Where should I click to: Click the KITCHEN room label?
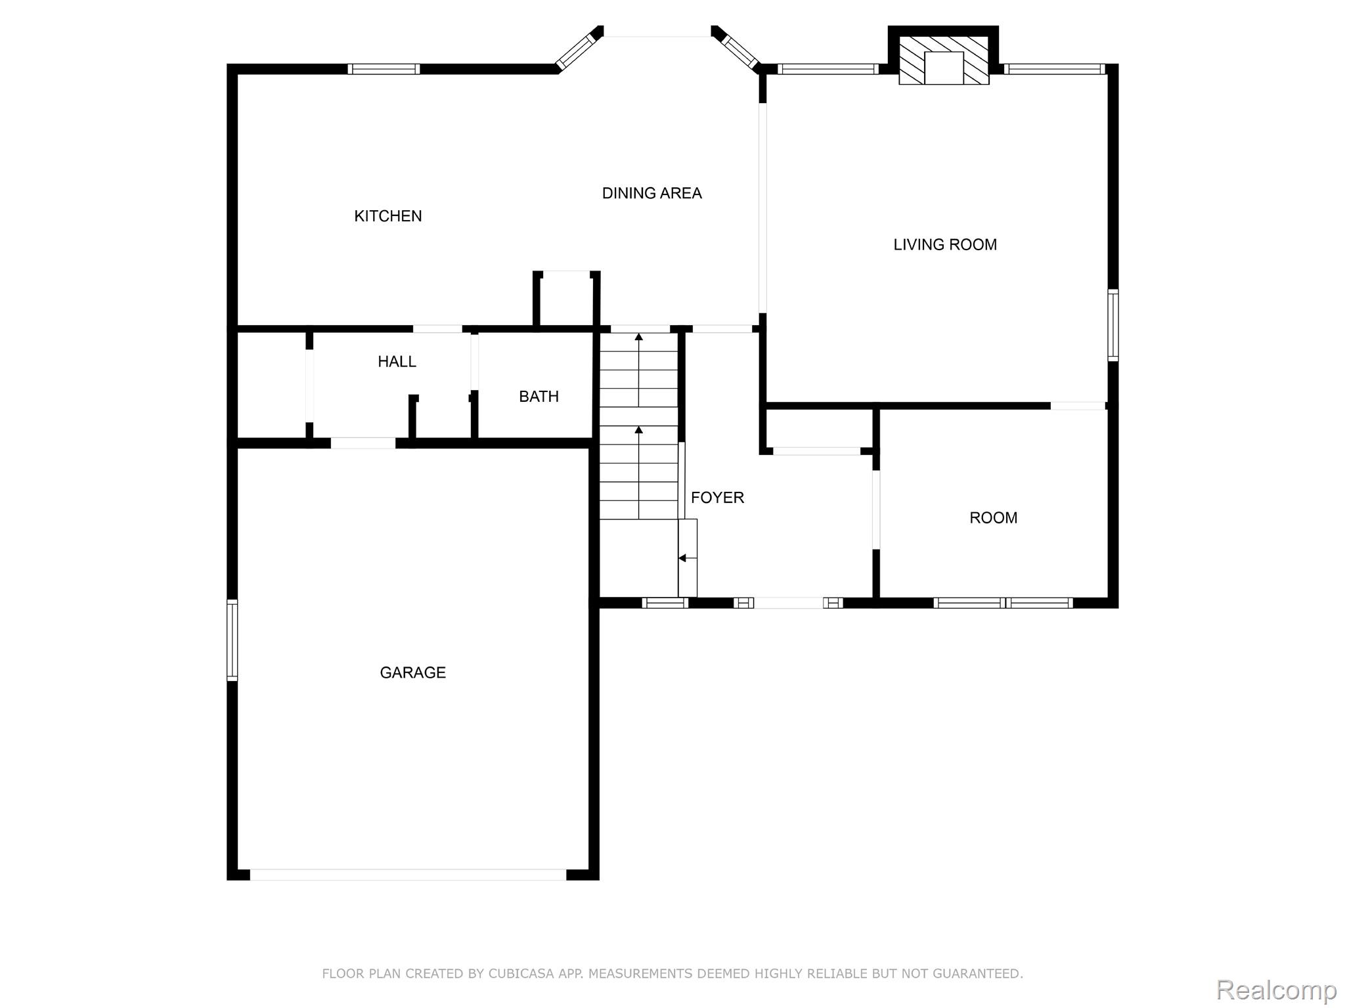[387, 216]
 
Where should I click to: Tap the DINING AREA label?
[651, 193]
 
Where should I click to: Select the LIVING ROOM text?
[945, 245]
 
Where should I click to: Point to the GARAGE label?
[412, 672]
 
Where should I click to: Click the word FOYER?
[717, 498]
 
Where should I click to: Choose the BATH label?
[539, 397]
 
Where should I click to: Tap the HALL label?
[397, 361]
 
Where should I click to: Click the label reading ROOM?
[993, 518]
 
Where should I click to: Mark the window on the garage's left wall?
[232, 640]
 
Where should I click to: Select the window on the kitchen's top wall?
[384, 69]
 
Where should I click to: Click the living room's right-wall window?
[1113, 325]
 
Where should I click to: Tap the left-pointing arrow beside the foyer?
[687, 558]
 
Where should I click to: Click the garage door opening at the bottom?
[408, 875]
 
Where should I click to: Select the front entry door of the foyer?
[788, 603]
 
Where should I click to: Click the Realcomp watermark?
[1276, 989]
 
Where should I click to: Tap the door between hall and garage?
[363, 443]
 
